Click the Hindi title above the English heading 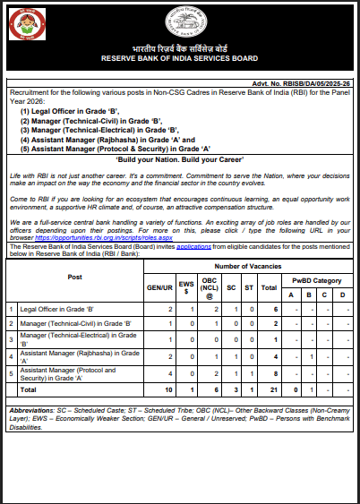point(180,47)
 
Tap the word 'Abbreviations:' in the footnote point(32,408)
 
